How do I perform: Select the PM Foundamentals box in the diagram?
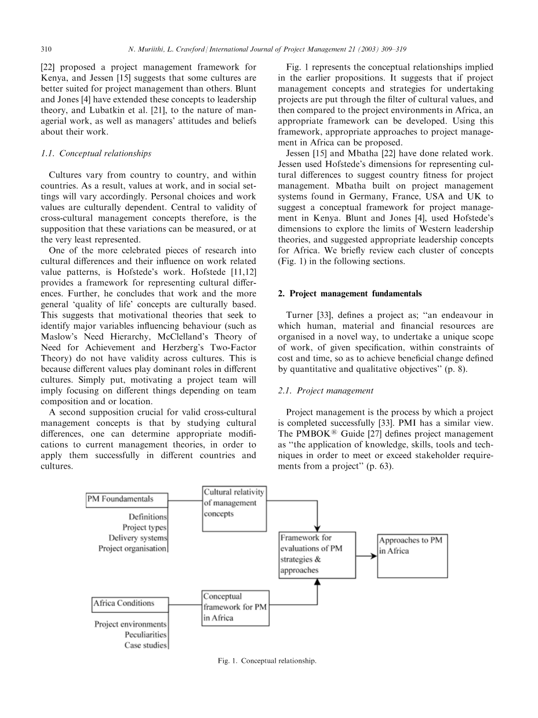click(x=127, y=499)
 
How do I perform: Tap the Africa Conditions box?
click(x=130, y=604)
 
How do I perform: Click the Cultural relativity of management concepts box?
click(x=234, y=509)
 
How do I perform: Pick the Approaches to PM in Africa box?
click(x=412, y=556)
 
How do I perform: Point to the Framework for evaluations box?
click(x=317, y=555)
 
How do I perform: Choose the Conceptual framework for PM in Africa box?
click(x=235, y=607)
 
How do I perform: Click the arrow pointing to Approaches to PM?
click(x=366, y=556)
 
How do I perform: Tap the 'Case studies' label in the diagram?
click(x=146, y=645)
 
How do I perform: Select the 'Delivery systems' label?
click(x=137, y=538)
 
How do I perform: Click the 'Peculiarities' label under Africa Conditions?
click(x=146, y=634)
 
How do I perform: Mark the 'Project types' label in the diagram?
click(x=144, y=527)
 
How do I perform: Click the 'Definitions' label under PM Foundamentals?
click(x=148, y=516)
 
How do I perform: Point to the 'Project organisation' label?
click(x=132, y=548)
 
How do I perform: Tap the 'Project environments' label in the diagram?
click(x=130, y=624)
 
